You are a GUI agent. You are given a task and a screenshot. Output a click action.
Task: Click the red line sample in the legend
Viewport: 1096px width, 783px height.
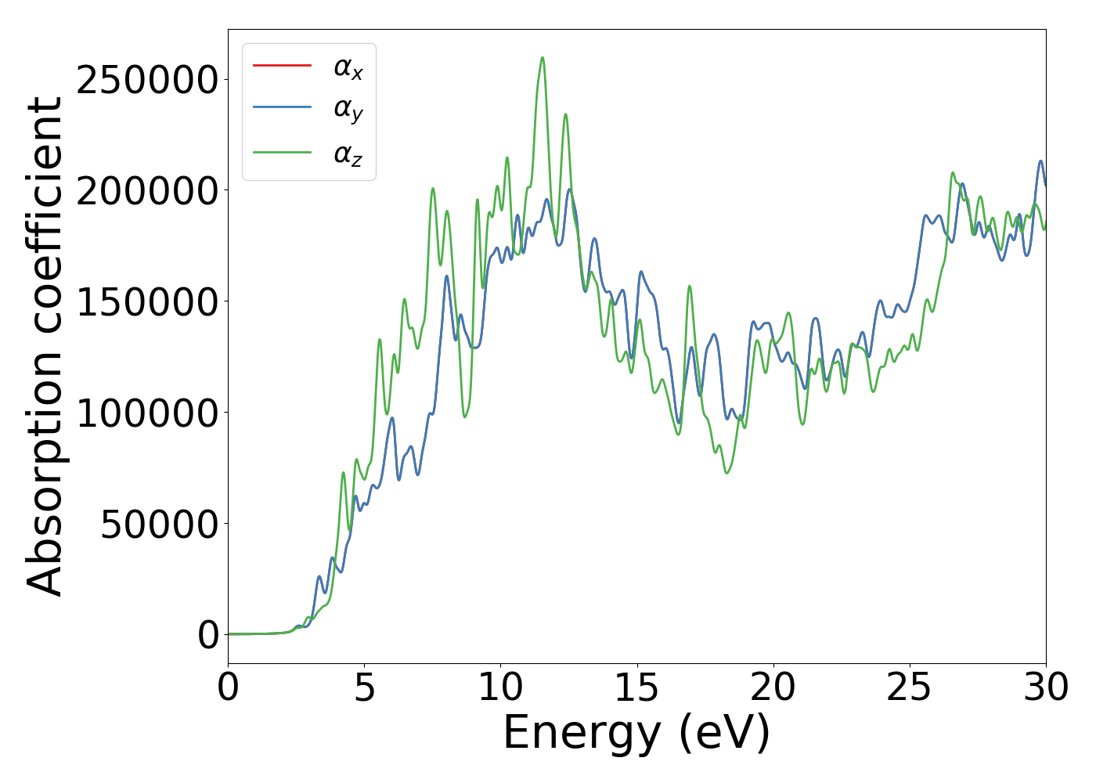[282, 66]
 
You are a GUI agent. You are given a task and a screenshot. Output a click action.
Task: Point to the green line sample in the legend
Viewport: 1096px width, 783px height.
[282, 152]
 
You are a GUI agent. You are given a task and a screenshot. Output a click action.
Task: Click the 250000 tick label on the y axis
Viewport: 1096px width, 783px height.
[147, 80]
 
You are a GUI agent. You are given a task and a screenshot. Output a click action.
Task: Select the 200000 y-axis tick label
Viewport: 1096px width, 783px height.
[147, 191]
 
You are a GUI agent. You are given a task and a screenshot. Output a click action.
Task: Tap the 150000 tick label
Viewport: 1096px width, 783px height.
[147, 302]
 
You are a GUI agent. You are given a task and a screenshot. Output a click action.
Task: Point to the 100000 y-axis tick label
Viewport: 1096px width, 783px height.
[147, 413]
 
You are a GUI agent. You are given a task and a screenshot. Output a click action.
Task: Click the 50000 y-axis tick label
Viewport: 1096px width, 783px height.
[159, 525]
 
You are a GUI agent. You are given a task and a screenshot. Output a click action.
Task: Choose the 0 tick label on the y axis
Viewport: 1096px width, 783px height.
[208, 635]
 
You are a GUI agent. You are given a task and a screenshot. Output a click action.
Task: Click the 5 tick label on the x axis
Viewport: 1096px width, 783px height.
[364, 687]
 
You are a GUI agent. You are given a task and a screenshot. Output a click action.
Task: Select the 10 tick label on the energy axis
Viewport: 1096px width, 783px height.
[500, 687]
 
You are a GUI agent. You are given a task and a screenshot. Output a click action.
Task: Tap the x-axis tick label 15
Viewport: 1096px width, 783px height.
[636, 687]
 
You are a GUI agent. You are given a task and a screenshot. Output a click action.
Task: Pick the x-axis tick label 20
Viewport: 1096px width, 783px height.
[773, 687]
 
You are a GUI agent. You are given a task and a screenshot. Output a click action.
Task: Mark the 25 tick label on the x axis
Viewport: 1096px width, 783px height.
[909, 687]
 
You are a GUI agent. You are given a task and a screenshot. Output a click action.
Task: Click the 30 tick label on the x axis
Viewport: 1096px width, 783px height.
[1045, 687]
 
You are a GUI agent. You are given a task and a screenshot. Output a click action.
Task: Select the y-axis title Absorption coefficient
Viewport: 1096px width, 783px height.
[45, 346]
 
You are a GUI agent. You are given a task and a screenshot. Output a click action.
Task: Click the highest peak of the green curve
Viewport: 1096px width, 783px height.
[542, 58]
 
